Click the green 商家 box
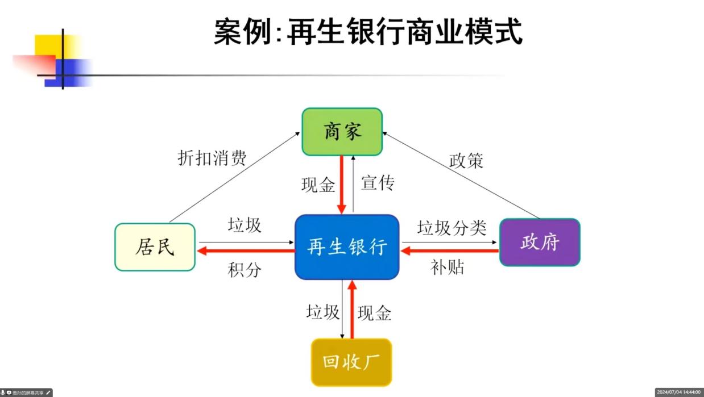click(x=342, y=132)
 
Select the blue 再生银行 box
click(x=347, y=247)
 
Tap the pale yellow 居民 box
click(x=155, y=247)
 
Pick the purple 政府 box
click(x=540, y=242)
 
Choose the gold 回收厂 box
click(x=351, y=362)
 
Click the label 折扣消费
click(x=212, y=158)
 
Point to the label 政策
click(x=466, y=161)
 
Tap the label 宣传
click(x=378, y=183)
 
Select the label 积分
click(x=245, y=270)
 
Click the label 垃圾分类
click(x=452, y=228)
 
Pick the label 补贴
click(x=448, y=268)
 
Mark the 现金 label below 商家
click(x=318, y=185)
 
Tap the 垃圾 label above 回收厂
click(x=322, y=312)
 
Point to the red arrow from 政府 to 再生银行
click(x=450, y=250)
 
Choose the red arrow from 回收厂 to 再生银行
click(x=352, y=310)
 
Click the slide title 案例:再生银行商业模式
click(x=368, y=32)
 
